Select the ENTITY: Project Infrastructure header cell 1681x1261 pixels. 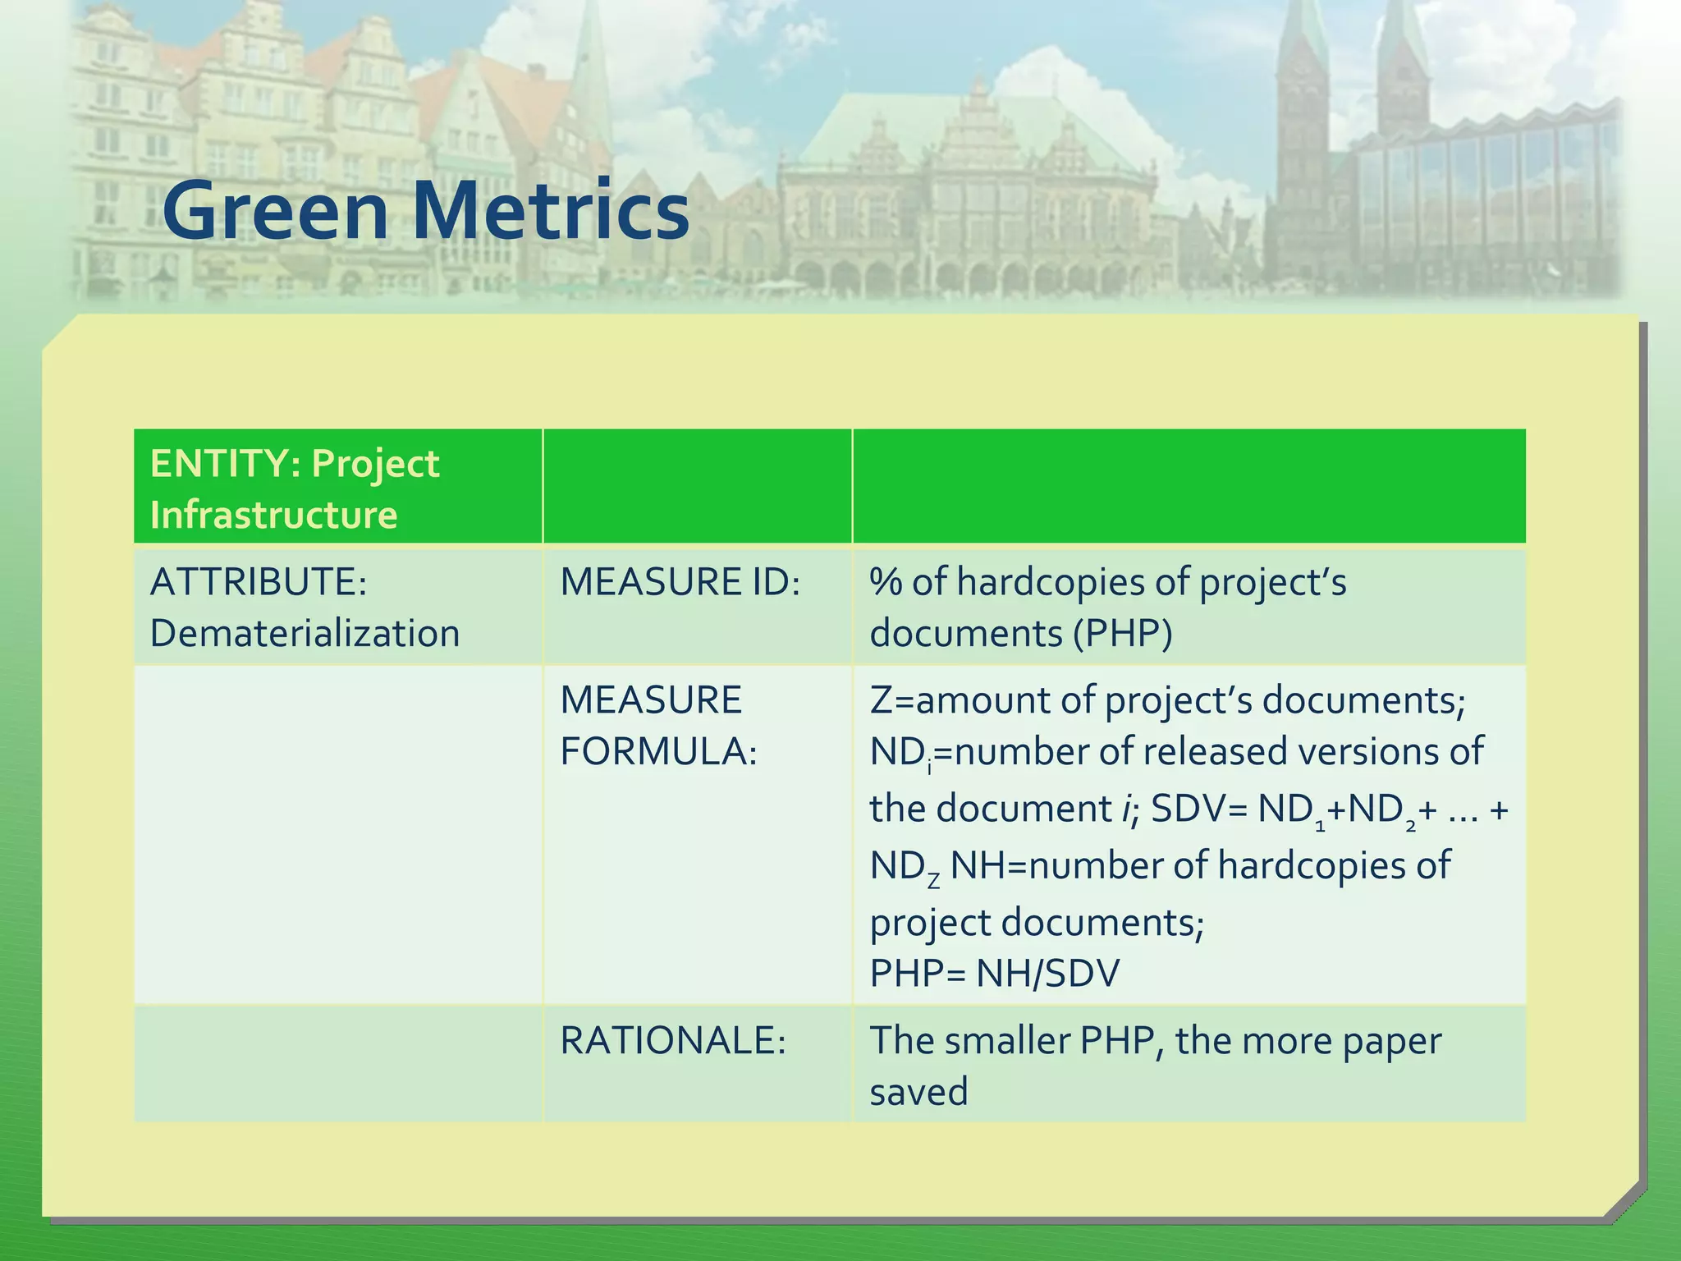click(295, 488)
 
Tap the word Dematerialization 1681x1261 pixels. click(305, 633)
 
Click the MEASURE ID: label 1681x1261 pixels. click(680, 581)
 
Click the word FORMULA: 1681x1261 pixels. click(658, 751)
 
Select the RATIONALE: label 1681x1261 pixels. click(673, 1040)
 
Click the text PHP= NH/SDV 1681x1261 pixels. click(994, 974)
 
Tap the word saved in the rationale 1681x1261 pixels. click(918, 1092)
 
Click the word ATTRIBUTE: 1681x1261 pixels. click(259, 581)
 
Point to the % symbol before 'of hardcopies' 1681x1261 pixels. click(886, 581)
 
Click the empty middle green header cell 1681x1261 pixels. click(697, 486)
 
